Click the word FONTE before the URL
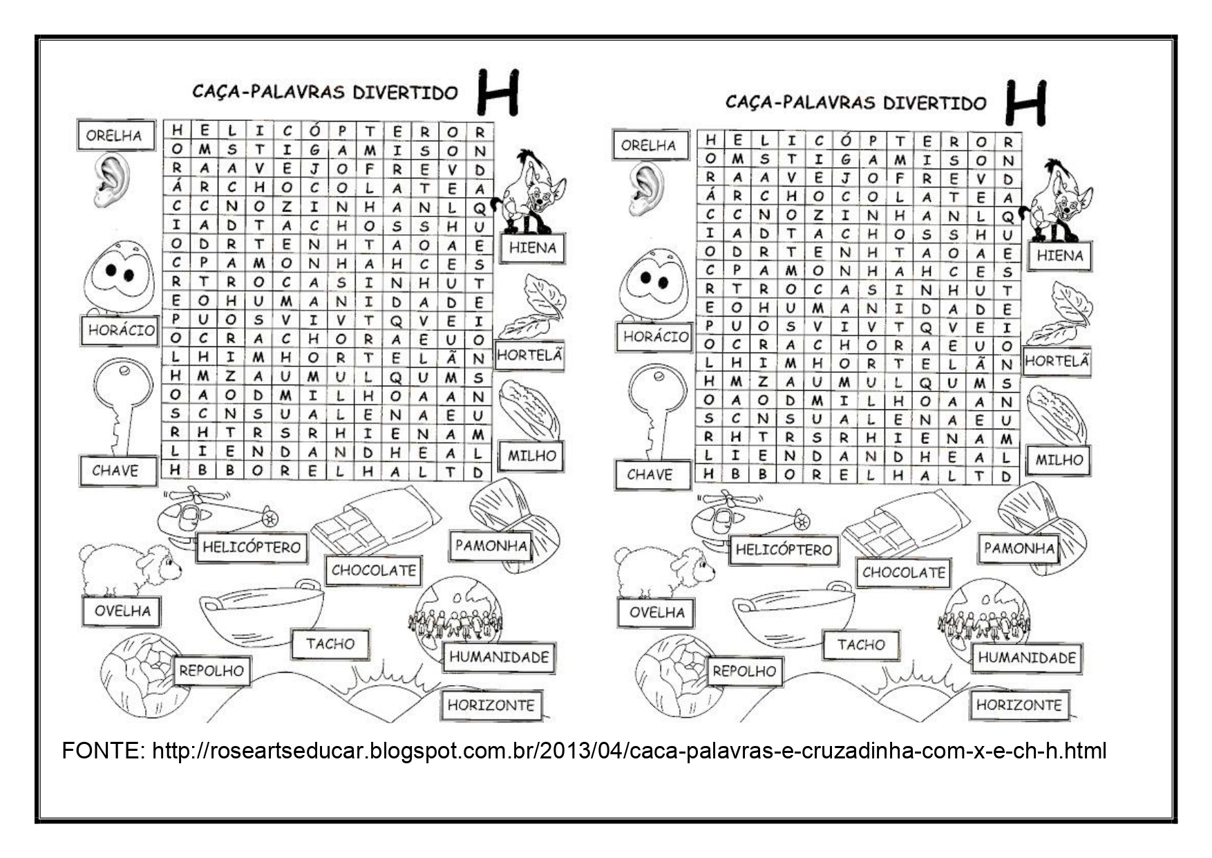(102, 751)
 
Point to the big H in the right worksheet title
(1025, 104)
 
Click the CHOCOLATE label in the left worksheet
(373, 571)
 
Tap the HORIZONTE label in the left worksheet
(491, 706)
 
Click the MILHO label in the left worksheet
(531, 456)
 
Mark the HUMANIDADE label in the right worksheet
(1026, 658)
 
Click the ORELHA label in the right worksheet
(648, 146)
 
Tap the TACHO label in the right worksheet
(860, 645)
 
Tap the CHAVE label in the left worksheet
(115, 472)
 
